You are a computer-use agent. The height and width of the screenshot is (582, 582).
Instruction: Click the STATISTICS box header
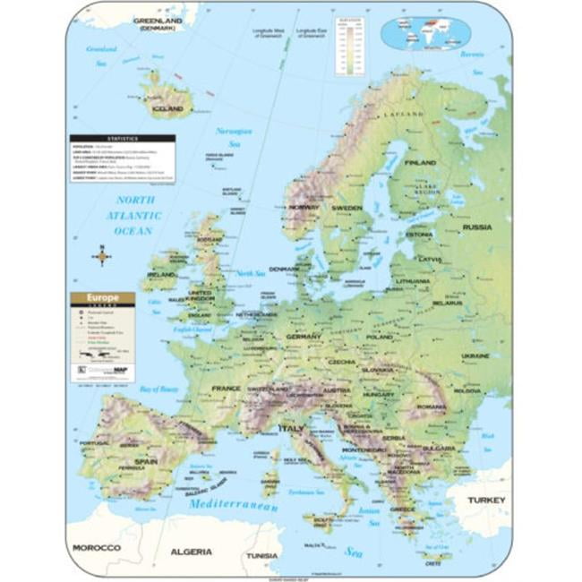point(124,139)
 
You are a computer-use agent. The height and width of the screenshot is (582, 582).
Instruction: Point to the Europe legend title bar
point(103,297)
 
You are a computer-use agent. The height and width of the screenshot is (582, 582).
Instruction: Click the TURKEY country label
point(485,500)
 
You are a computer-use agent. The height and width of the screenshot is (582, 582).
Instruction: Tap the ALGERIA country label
point(191,551)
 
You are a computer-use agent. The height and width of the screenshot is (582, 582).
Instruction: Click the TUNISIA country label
point(263,555)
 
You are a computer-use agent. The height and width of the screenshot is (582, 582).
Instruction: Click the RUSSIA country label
point(477,227)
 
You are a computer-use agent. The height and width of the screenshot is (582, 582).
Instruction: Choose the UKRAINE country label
point(475,355)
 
